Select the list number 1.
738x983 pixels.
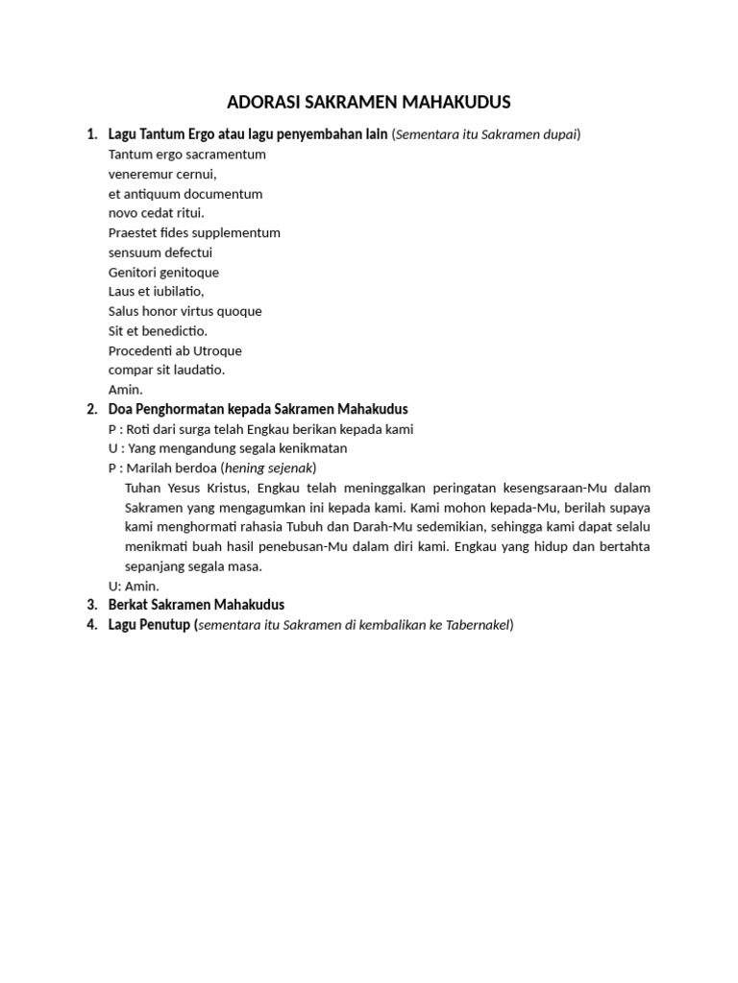(x=92, y=134)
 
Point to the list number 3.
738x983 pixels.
(x=92, y=605)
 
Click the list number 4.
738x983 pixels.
(x=92, y=625)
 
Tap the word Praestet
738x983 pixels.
(x=134, y=233)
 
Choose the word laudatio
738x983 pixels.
(x=196, y=370)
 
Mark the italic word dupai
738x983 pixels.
(x=559, y=134)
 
